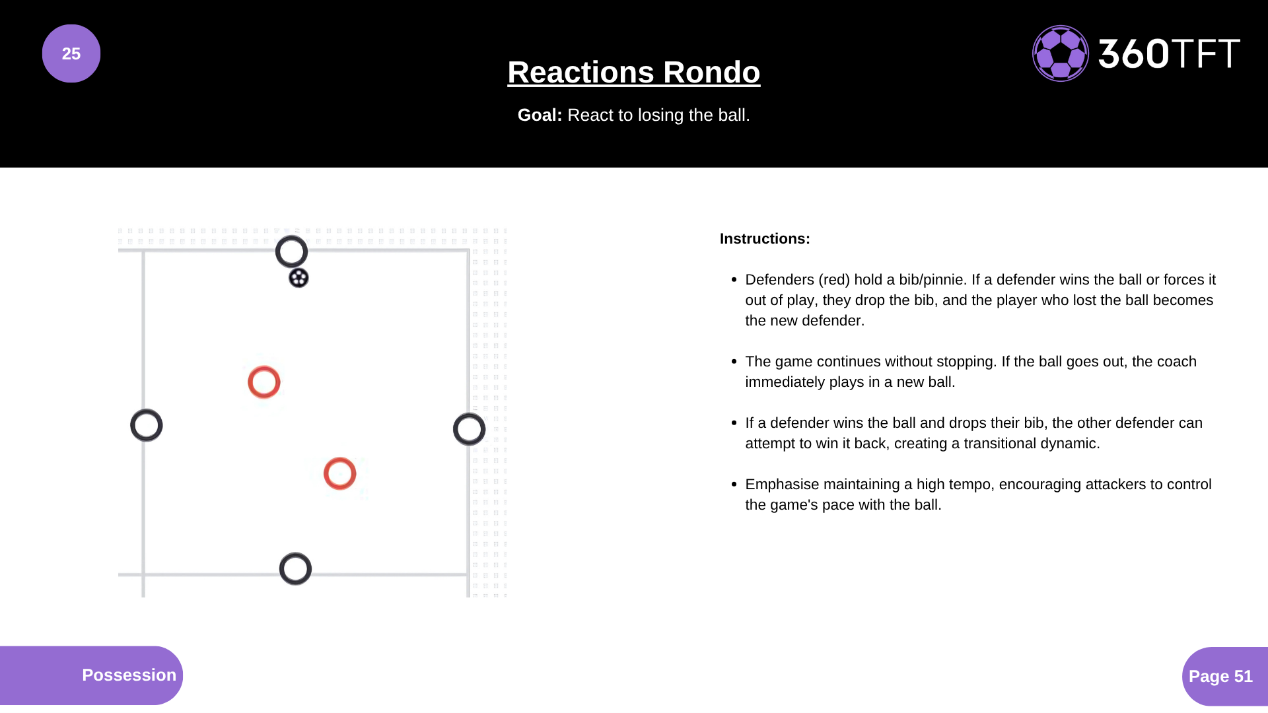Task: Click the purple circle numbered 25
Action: [71, 53]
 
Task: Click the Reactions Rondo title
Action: [634, 72]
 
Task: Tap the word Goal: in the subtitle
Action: [540, 115]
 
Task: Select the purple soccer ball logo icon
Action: [1061, 53]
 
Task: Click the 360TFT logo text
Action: [1169, 53]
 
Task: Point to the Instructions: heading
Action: [765, 239]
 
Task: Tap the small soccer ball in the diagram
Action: [299, 278]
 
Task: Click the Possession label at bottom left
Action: [129, 675]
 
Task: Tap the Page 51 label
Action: [1220, 676]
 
